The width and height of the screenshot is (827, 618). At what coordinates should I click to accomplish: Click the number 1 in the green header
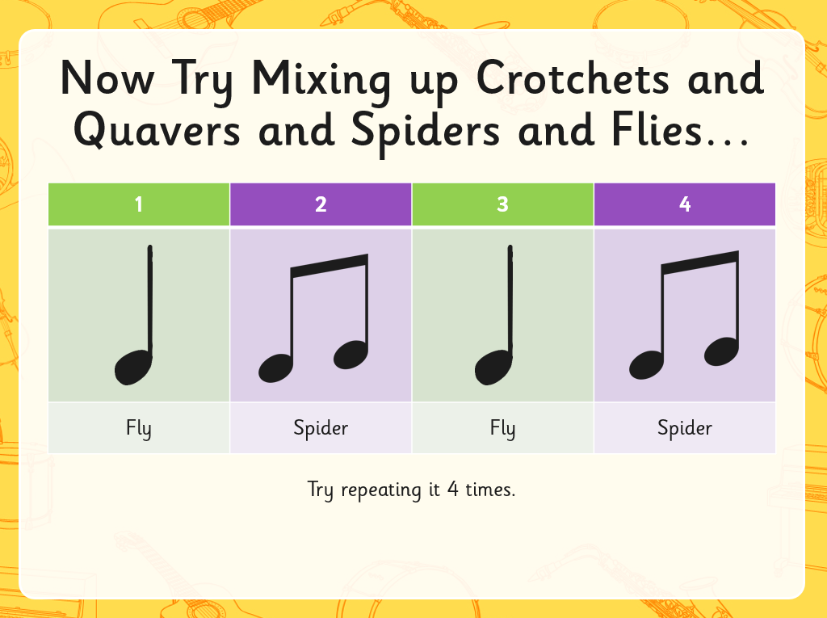click(139, 204)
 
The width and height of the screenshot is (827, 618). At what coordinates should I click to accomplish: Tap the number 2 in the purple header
click(321, 204)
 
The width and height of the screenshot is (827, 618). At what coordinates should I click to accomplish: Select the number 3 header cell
click(502, 204)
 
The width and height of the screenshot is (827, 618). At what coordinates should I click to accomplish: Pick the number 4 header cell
click(685, 204)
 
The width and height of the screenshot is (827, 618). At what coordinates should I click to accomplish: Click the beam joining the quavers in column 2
click(330, 266)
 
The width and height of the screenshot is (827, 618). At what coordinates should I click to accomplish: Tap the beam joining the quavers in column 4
click(700, 263)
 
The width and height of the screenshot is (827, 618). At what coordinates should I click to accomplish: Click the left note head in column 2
click(275, 368)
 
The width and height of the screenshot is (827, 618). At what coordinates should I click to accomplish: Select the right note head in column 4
click(721, 351)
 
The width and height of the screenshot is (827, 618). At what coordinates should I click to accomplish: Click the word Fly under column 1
click(139, 428)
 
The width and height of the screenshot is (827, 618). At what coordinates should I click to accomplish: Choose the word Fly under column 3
click(502, 428)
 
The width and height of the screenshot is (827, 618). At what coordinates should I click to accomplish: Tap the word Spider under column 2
click(321, 428)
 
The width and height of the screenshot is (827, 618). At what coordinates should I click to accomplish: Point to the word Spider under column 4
click(685, 428)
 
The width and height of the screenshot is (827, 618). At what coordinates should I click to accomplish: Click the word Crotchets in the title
click(573, 78)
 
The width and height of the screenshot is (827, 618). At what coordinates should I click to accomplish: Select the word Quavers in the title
click(157, 129)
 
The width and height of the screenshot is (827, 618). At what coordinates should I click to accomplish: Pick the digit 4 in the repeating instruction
click(452, 490)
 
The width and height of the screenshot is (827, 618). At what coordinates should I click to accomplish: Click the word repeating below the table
click(381, 490)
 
